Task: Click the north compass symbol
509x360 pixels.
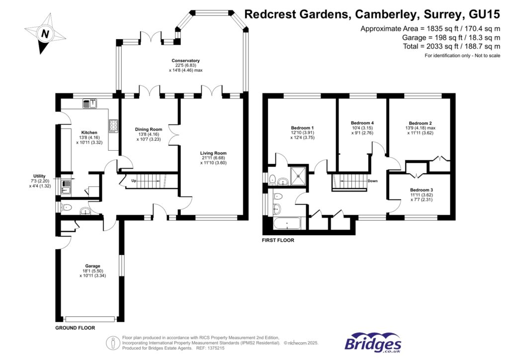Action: pyautogui.click(x=45, y=33)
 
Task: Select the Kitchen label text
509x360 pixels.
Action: pyautogui.click(x=89, y=133)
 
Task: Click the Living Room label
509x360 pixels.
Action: pyautogui.click(x=213, y=153)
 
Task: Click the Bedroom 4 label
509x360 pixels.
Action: pyautogui.click(x=362, y=123)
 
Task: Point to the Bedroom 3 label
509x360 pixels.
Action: pyautogui.click(x=421, y=189)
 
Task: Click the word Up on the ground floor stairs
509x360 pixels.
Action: pyautogui.click(x=132, y=181)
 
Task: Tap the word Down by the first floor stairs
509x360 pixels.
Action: pyautogui.click(x=373, y=181)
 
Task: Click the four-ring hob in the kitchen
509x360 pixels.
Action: pyautogui.click(x=113, y=126)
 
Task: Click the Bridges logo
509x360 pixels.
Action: pyautogui.click(x=373, y=343)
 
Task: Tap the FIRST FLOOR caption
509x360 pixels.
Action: pyautogui.click(x=278, y=240)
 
